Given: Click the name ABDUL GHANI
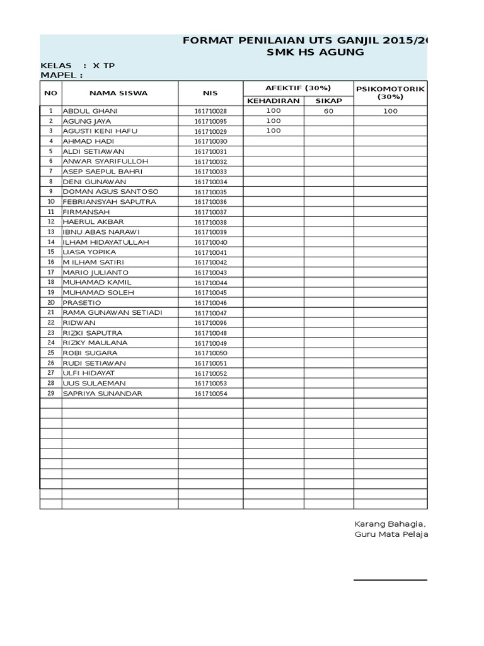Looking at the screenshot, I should pyautogui.click(x=90, y=111).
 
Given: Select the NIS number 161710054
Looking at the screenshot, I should pyautogui.click(x=210, y=394).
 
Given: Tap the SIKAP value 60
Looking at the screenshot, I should pyautogui.click(x=328, y=111).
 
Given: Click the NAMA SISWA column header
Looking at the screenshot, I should pyautogui.click(x=118, y=93).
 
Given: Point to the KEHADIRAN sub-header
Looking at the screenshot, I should pyautogui.click(x=273, y=100).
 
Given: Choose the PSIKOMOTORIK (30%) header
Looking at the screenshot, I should pyautogui.click(x=390, y=93).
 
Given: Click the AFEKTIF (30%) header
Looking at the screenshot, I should pyautogui.click(x=298, y=88).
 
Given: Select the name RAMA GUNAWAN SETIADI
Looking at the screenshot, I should pyautogui.click(x=112, y=313).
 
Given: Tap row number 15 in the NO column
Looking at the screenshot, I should pyautogui.click(x=50, y=252).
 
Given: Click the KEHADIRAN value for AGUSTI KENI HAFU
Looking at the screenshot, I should pyautogui.click(x=273, y=131).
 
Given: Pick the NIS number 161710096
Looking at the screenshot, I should pyautogui.click(x=210, y=323).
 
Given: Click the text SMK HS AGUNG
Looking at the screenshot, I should pyautogui.click(x=316, y=52).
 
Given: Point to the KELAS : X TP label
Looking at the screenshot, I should pyautogui.click(x=78, y=66).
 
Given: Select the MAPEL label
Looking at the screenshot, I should pyautogui.click(x=62, y=76).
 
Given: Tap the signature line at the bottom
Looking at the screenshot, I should pyautogui.click(x=390, y=580).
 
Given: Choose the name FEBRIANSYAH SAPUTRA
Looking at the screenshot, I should pyautogui.click(x=109, y=202).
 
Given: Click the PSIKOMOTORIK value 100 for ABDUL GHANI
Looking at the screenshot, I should pyautogui.click(x=390, y=111).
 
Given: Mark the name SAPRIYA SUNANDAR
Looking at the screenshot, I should pyautogui.click(x=102, y=394).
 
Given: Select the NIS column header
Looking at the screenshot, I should pyautogui.click(x=210, y=93).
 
